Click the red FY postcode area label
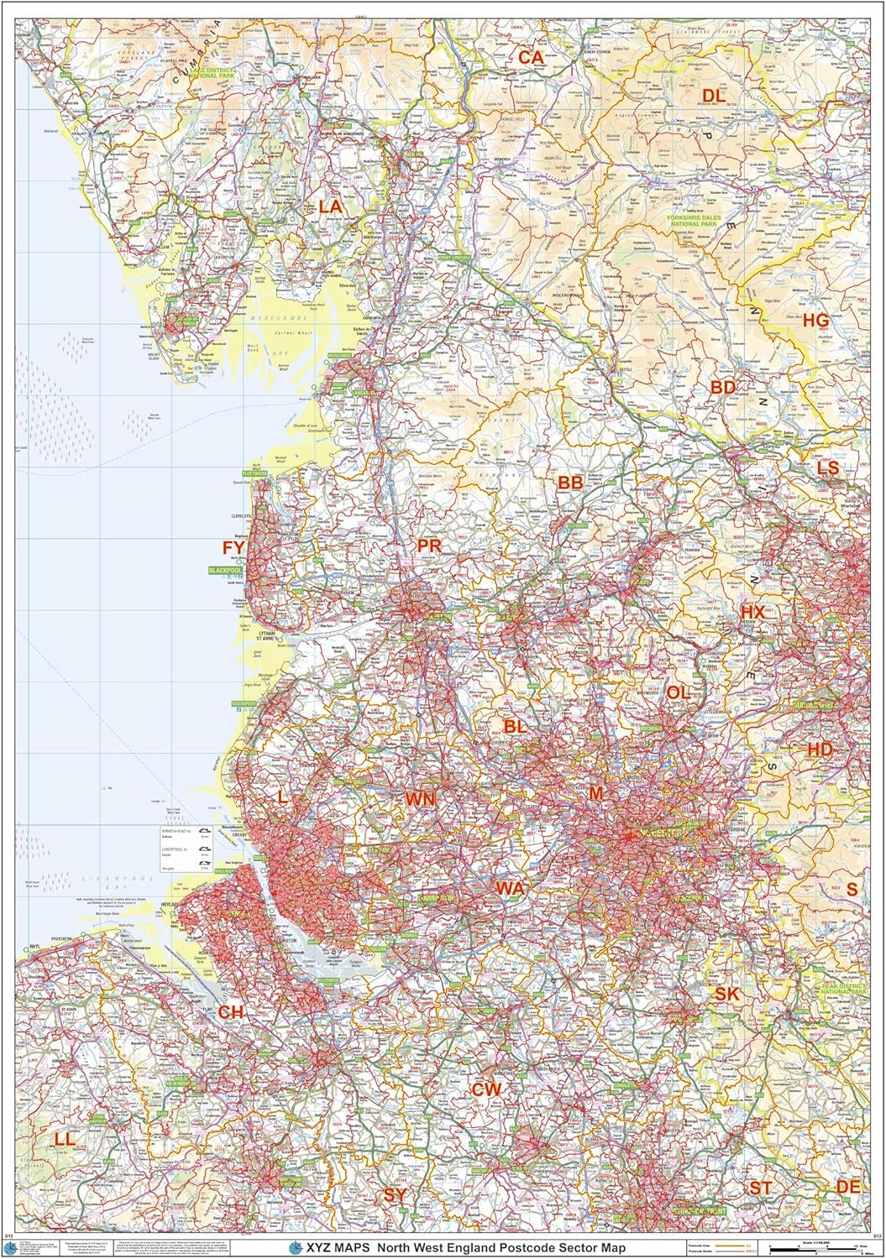click(x=233, y=548)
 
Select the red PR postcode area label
click(x=428, y=546)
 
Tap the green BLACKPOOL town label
click(x=223, y=570)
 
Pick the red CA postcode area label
click(x=531, y=57)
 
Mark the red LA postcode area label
click(x=330, y=206)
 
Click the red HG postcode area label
click(x=815, y=320)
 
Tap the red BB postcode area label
click(x=570, y=483)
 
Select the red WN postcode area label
click(x=420, y=799)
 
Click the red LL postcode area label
click(x=64, y=1139)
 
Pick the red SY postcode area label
click(x=395, y=1194)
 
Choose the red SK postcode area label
click(x=726, y=994)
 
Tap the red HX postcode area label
click(x=752, y=613)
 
